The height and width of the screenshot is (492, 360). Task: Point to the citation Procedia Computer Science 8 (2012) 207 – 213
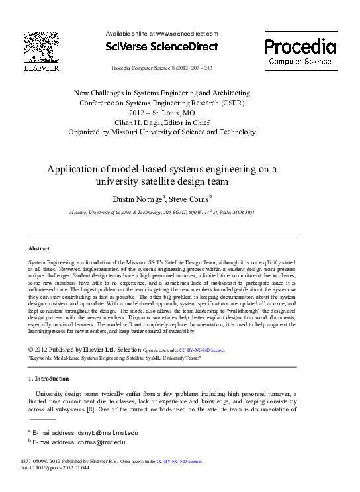tap(161, 68)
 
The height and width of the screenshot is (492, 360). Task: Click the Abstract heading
tap(38, 248)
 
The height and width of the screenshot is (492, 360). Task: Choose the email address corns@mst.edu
tap(83, 442)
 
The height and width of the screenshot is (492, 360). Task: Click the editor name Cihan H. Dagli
tap(141, 123)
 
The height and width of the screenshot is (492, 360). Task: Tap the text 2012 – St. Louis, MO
tap(161, 113)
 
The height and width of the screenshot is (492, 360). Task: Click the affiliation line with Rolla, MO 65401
tap(162, 213)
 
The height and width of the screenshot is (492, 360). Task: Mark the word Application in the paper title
tap(73, 169)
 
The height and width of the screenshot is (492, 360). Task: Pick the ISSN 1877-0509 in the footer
tap(36, 460)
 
